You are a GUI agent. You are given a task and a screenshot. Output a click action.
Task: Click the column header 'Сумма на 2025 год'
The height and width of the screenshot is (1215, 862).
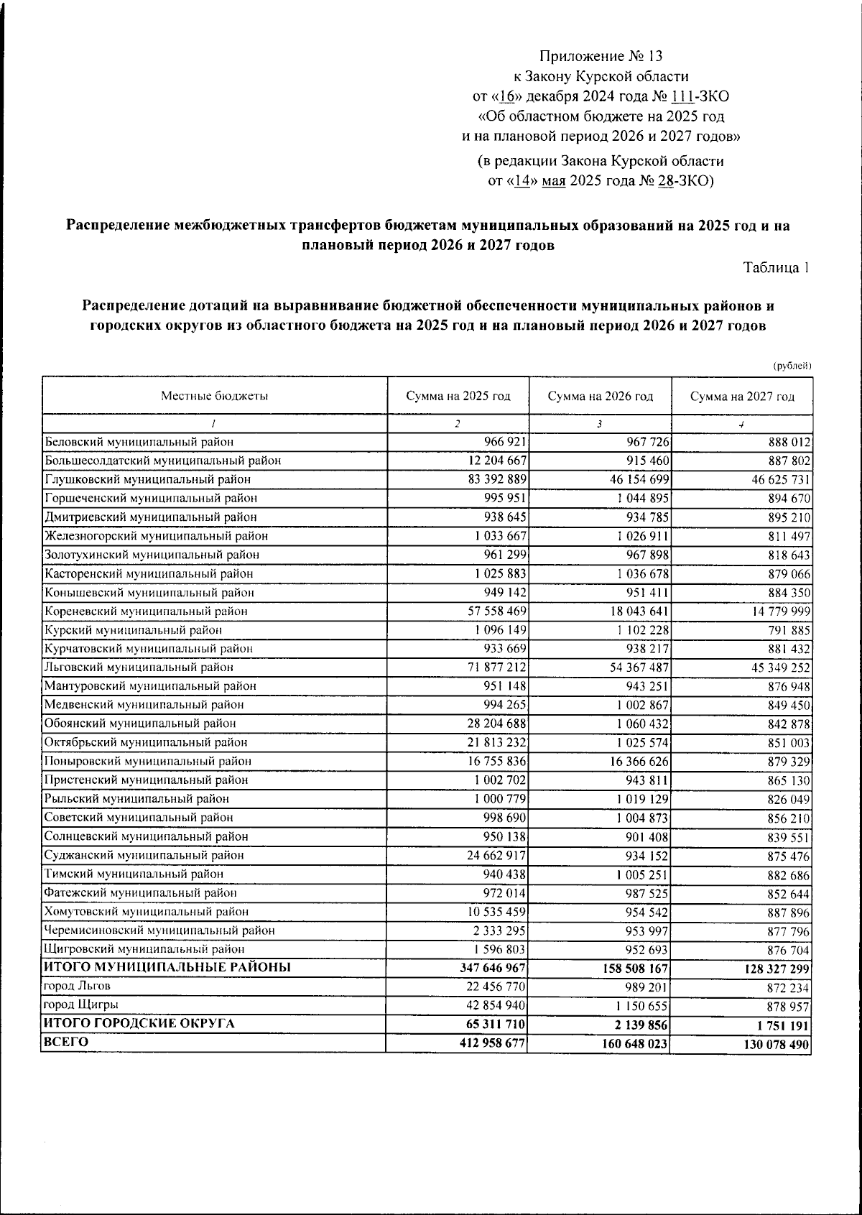coord(458,396)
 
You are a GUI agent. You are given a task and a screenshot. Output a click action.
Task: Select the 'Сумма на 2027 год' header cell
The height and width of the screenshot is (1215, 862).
coord(742,397)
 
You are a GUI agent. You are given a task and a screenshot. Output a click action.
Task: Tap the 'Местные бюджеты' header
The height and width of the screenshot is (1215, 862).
coord(214,396)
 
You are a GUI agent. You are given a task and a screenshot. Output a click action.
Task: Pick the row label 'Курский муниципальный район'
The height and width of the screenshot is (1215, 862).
coord(133,630)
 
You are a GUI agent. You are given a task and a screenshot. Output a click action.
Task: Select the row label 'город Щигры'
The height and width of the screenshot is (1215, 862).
coord(81,1004)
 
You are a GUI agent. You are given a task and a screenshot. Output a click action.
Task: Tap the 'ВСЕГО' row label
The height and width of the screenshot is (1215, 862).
coord(65,1042)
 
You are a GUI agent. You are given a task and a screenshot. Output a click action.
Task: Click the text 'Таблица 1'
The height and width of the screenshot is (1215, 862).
coord(777,268)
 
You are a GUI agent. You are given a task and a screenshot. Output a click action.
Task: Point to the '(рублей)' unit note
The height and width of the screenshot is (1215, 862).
coord(792,366)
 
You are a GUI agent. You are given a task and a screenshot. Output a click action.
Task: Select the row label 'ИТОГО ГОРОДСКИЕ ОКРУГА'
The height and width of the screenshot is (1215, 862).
coord(139,1023)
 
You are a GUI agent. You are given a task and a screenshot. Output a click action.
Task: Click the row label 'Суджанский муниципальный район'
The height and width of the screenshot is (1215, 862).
coord(144,855)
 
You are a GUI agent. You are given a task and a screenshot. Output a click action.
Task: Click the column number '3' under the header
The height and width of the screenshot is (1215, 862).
coord(599,424)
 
